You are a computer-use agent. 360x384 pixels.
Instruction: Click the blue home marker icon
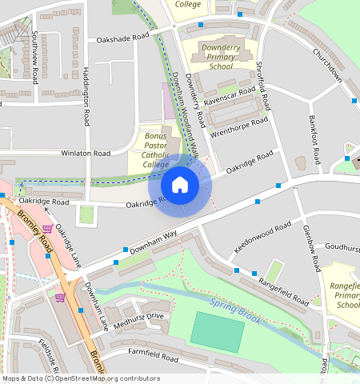pos(180,185)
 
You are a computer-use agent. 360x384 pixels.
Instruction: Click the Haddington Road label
pos(86,96)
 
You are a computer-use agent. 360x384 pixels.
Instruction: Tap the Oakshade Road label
pos(122,38)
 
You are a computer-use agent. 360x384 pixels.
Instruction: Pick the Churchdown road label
pos(327,66)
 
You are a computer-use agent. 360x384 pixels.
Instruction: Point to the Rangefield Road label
pos(282,293)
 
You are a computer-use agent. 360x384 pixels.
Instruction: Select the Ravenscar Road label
pos(229,101)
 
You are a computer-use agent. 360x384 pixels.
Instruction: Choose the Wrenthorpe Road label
pos(238,127)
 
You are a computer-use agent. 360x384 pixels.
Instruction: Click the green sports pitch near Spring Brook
pos(216,332)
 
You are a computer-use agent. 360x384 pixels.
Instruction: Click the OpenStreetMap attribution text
pos(81,378)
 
